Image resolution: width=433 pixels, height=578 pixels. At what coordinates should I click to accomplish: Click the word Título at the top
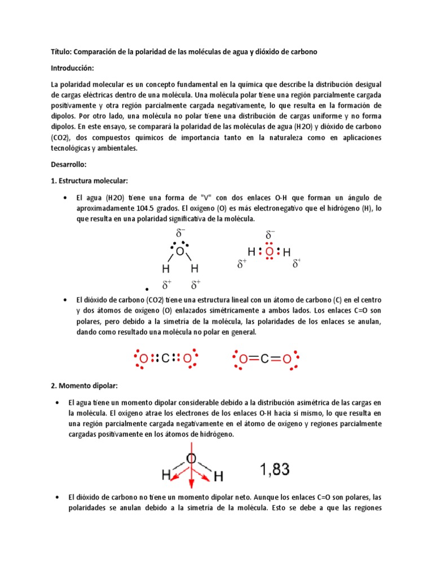(x=61, y=51)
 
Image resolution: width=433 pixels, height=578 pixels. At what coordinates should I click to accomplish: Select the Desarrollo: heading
(x=68, y=164)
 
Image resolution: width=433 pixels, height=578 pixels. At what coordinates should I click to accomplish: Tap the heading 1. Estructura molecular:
(x=90, y=180)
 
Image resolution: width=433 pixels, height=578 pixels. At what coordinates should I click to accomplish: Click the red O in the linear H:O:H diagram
(x=269, y=252)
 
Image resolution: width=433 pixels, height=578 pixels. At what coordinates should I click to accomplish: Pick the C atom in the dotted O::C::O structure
(x=166, y=358)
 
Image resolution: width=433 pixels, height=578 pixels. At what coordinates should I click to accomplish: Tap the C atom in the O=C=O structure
(x=264, y=358)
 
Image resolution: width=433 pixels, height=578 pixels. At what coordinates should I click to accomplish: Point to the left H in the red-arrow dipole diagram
(x=166, y=476)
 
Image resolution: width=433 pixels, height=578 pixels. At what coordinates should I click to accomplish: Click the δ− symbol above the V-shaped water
(x=180, y=233)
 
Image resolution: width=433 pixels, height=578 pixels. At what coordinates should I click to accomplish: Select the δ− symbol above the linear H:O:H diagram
(x=270, y=234)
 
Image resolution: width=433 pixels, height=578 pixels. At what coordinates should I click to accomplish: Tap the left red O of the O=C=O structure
(x=243, y=358)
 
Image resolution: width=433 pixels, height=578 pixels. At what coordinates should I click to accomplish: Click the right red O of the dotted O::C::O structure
(x=187, y=358)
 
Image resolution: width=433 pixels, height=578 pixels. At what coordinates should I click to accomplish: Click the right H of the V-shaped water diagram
(x=195, y=268)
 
